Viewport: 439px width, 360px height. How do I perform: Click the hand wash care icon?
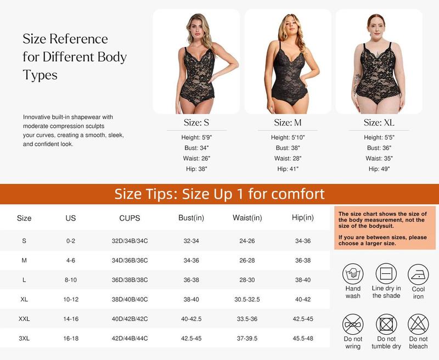pos(353,273)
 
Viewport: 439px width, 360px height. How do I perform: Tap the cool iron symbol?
pos(418,273)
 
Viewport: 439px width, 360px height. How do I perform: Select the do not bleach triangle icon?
pos(418,324)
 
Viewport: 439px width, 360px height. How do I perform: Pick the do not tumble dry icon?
pos(386,324)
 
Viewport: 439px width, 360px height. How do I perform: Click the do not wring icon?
pos(353,324)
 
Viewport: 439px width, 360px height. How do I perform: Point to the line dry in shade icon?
pos(386,273)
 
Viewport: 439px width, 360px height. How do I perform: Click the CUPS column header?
pos(130,218)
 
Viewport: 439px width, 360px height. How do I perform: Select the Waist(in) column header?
pos(246,218)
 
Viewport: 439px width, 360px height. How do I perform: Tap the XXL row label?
pos(24,319)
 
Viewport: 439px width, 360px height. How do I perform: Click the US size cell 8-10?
pos(71,279)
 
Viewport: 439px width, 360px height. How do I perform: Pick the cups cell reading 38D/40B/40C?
pos(130,299)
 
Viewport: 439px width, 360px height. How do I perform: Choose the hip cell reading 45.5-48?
pos(303,339)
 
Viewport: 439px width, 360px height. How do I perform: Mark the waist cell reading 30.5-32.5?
pos(246,299)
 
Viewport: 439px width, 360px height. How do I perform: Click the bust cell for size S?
pos(191,240)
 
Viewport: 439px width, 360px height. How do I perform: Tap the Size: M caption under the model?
pos(288,122)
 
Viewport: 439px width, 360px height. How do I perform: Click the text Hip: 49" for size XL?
pos(379,169)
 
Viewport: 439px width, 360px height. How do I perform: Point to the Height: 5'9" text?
pos(195,138)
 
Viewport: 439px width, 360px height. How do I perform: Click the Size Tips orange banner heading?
pos(219,194)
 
